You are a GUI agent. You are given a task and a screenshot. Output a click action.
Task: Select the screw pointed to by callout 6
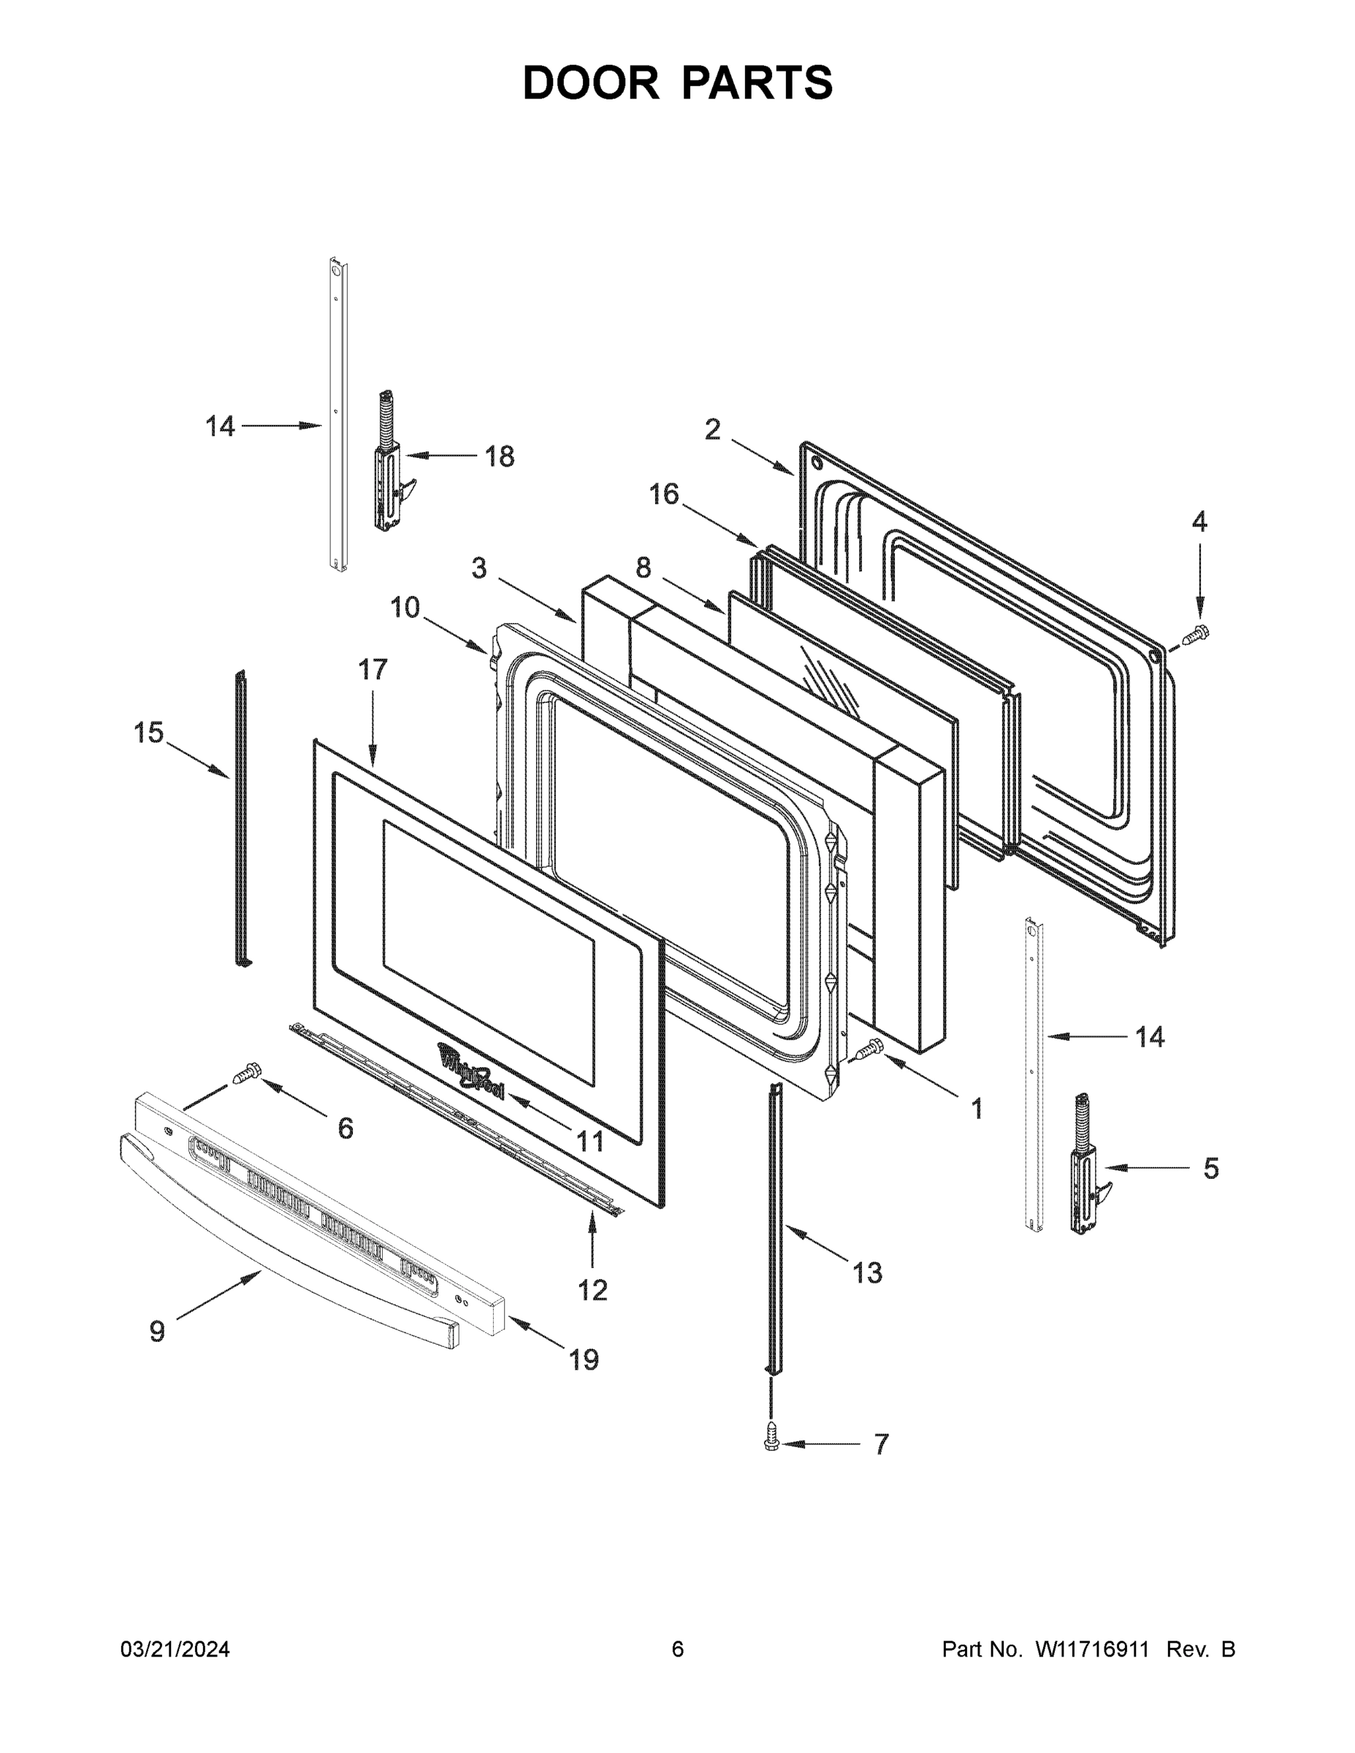click(249, 1073)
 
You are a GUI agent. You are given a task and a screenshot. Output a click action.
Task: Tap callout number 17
click(373, 669)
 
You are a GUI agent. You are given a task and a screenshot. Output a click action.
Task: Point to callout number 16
click(664, 494)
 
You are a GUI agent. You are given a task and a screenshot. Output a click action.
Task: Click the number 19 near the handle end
click(584, 1360)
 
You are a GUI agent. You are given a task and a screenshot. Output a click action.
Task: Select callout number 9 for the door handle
click(157, 1332)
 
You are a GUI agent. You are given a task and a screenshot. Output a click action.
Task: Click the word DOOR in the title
click(591, 83)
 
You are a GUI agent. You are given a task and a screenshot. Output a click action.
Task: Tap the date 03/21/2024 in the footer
click(175, 1649)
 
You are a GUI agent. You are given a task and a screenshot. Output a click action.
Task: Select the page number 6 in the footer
click(678, 1649)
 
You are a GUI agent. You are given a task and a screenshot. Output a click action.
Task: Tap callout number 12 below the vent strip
click(592, 1290)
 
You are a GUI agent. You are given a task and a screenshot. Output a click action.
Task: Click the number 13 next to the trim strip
click(867, 1272)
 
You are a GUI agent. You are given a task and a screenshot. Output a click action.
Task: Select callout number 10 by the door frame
click(405, 608)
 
